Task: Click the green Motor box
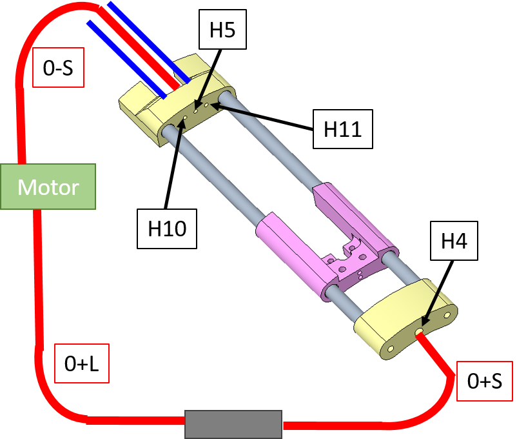[48, 187]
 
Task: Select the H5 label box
[222, 30]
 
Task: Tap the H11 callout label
[342, 129]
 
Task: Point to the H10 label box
[166, 228]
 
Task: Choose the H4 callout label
[454, 241]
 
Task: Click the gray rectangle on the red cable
[233, 424]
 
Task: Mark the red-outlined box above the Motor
[58, 67]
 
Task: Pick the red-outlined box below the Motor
[81, 363]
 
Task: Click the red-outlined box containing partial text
[484, 381]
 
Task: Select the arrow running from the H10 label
[173, 161]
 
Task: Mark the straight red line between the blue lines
[139, 48]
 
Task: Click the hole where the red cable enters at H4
[419, 331]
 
